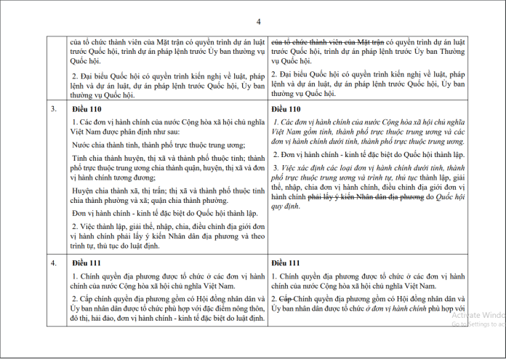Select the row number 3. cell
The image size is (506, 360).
53,108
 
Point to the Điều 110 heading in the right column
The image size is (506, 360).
284,108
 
